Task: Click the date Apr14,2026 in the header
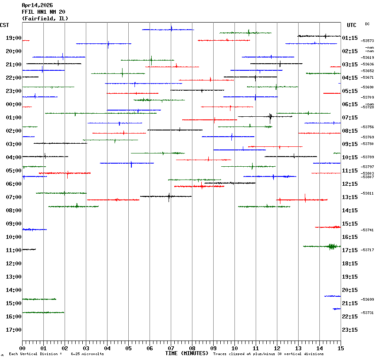[x=37, y=5]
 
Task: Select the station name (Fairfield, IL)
[x=45, y=19]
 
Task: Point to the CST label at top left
[x=4, y=25]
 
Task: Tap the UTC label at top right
[x=352, y=25]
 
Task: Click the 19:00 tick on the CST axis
[x=14, y=38]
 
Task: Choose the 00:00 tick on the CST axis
[x=14, y=104]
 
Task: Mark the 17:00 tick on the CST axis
[x=14, y=330]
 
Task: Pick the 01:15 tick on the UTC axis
[x=350, y=38]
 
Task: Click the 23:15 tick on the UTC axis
[x=350, y=330]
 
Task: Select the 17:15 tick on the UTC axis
[x=350, y=250]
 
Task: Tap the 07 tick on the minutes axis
[x=171, y=348]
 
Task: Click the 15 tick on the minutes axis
[x=340, y=348]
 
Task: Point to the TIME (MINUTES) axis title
[x=187, y=353]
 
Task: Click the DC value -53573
[x=368, y=41]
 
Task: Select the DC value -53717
[x=368, y=250]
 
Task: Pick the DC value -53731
[x=368, y=313]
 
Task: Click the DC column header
[x=367, y=24]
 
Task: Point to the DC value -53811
[x=368, y=193]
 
